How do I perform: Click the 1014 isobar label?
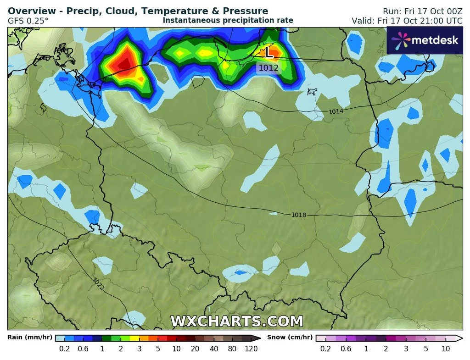(x=336, y=111)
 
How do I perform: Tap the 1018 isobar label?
(x=298, y=215)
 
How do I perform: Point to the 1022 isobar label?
(x=98, y=284)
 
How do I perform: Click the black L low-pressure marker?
(x=269, y=53)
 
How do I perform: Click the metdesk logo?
(x=425, y=40)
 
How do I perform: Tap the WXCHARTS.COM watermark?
(x=237, y=321)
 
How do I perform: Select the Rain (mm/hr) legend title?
(x=30, y=338)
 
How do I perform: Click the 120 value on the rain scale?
(x=251, y=349)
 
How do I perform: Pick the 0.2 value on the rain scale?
(x=64, y=349)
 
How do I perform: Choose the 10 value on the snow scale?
(x=445, y=349)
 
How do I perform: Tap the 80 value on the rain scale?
(x=232, y=349)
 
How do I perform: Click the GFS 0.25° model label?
(x=28, y=21)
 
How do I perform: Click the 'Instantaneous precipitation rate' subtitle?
(x=228, y=20)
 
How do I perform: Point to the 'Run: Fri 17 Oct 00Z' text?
(x=423, y=11)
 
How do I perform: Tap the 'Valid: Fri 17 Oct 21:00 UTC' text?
(x=407, y=21)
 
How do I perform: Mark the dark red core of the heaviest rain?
(x=124, y=64)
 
